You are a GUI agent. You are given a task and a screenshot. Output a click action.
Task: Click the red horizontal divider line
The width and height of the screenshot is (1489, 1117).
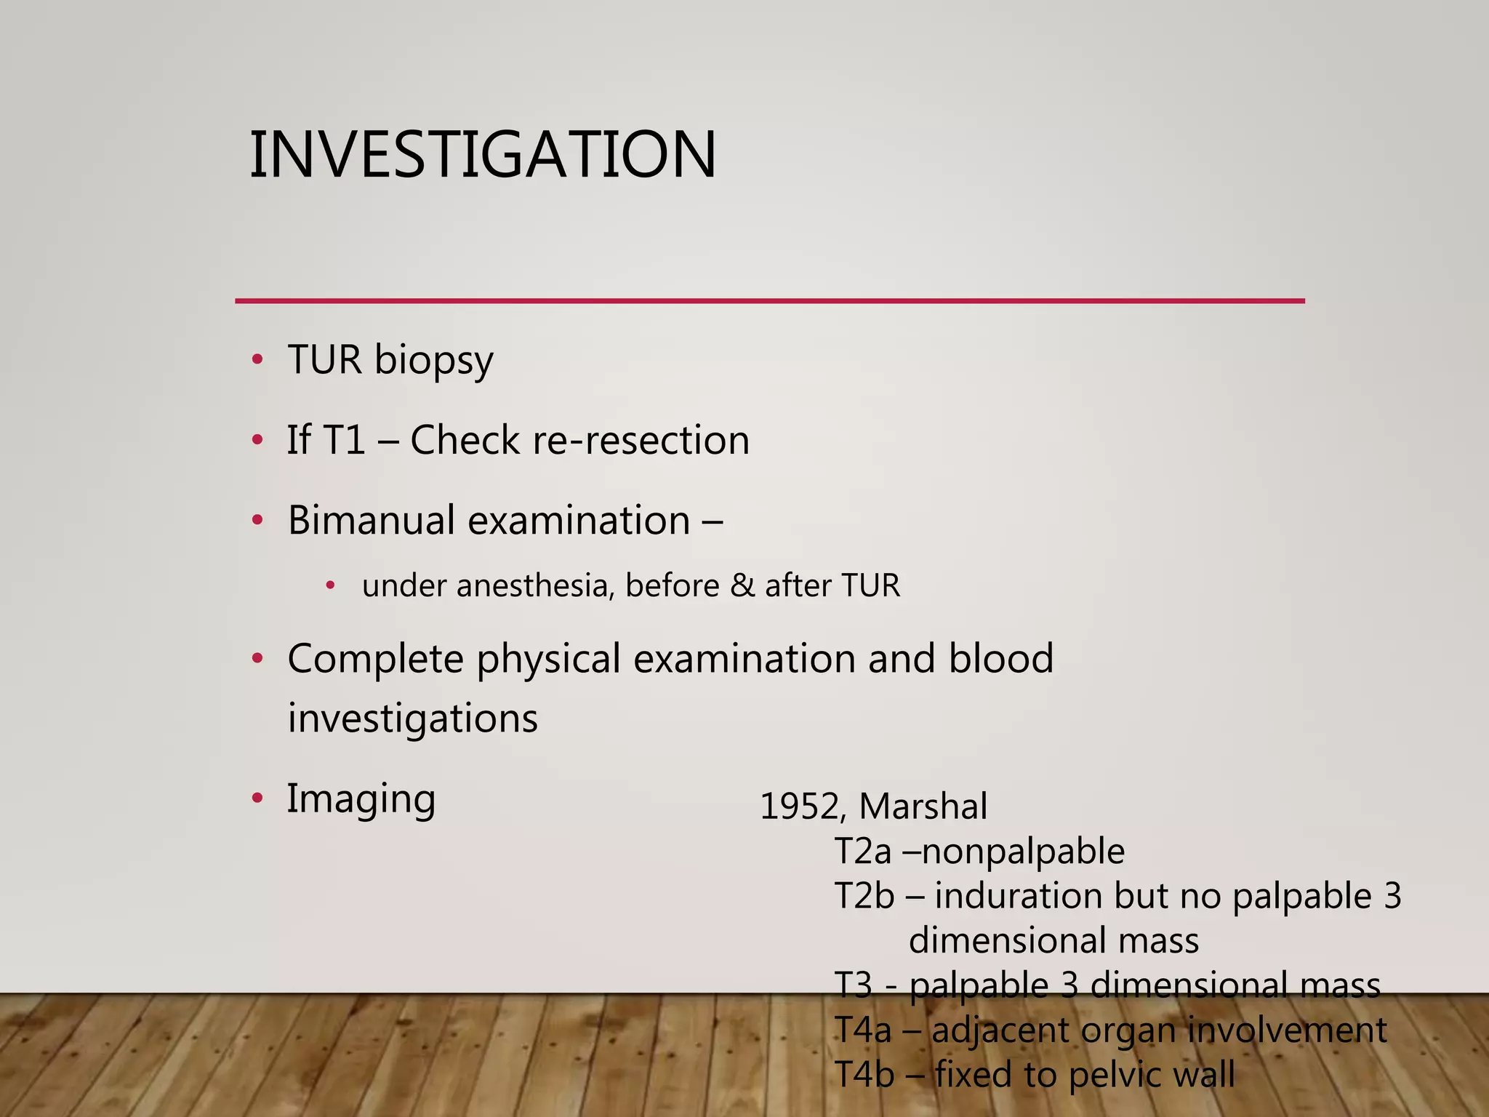(769, 300)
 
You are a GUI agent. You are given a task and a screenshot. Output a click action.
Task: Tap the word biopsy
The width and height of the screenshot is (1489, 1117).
(433, 361)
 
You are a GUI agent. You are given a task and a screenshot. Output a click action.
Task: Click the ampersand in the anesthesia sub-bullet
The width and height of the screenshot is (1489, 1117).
(742, 586)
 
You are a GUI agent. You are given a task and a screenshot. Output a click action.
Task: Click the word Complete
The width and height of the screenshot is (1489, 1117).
(375, 659)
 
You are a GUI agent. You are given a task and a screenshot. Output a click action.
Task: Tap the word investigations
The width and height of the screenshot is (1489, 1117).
(412, 718)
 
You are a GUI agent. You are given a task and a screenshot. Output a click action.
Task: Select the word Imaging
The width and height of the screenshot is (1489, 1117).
(361, 799)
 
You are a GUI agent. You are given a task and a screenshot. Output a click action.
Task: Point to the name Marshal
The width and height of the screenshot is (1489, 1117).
(923, 806)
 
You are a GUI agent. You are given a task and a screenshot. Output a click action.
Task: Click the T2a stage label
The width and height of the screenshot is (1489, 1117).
(862, 852)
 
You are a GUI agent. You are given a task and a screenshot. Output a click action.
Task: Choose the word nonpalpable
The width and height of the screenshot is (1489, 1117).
(1023, 852)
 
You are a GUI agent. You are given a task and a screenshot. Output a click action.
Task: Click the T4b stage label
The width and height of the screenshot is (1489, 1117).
(864, 1075)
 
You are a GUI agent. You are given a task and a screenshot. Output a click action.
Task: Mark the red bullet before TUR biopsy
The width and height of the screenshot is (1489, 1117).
(257, 360)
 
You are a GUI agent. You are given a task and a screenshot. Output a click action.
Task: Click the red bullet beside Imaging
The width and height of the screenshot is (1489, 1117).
(257, 798)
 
